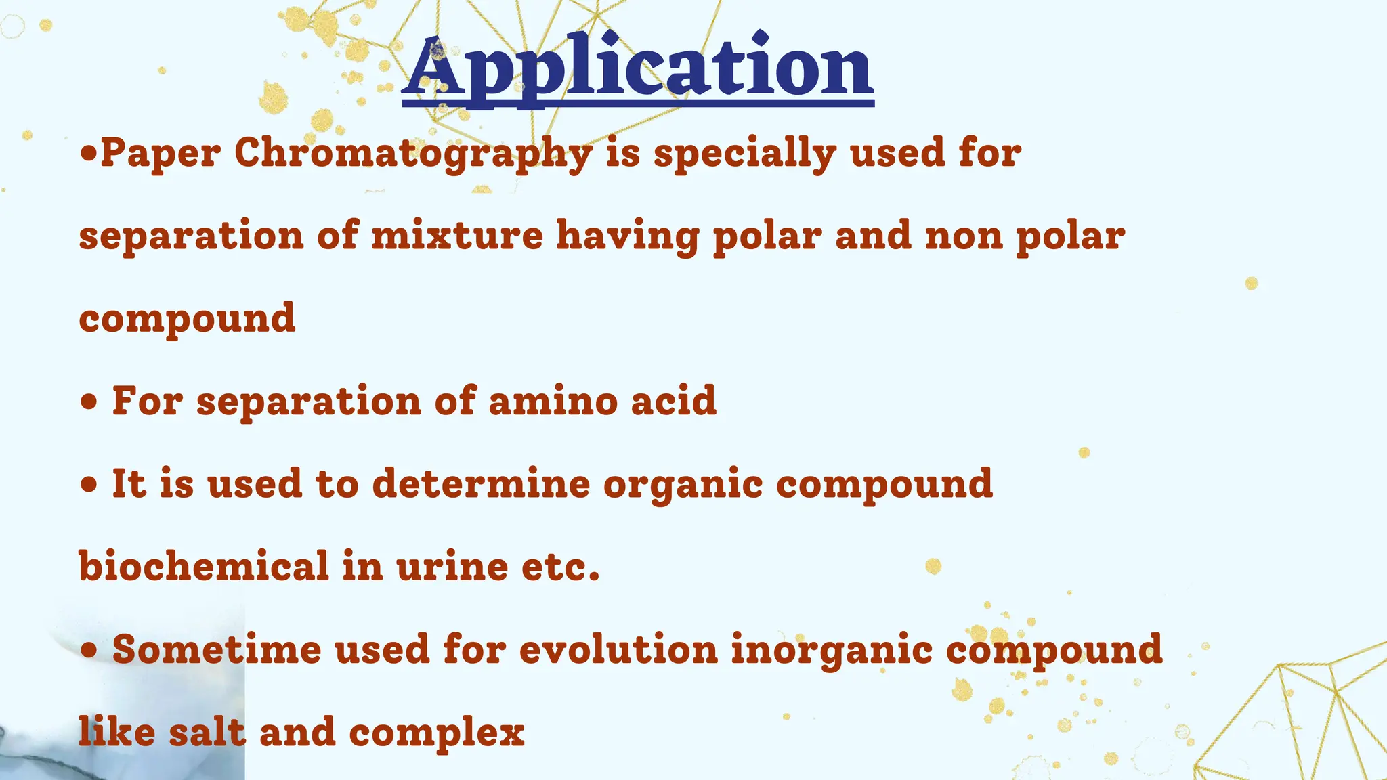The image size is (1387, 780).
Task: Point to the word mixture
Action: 457,236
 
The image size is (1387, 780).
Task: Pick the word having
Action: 627,236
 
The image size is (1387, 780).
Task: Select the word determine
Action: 481,483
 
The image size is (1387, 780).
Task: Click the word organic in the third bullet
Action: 683,485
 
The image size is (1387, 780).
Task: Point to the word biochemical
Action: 204,566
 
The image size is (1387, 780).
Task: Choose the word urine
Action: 452,566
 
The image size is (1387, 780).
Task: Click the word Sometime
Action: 217,649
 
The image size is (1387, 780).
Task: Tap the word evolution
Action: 618,649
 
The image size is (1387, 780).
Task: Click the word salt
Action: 207,732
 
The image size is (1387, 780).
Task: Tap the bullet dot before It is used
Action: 88,485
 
